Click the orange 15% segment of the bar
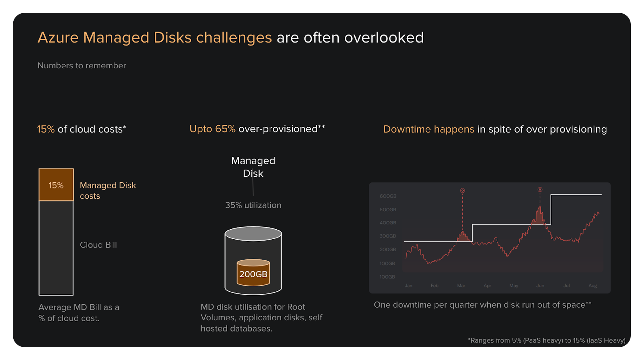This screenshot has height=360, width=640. click(x=56, y=185)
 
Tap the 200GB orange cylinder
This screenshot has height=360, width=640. click(x=253, y=274)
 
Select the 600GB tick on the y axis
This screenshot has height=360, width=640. click(x=388, y=196)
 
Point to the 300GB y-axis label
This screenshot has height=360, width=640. click(x=388, y=236)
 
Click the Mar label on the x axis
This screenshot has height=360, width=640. click(x=461, y=286)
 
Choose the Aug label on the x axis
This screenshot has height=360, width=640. click(x=592, y=286)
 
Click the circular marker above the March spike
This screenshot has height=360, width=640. click(x=462, y=190)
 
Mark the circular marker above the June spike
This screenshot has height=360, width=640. click(x=540, y=190)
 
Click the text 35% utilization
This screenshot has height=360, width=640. click(x=253, y=205)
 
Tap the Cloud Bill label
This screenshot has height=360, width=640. click(x=98, y=245)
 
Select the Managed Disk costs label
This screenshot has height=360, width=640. click(x=108, y=190)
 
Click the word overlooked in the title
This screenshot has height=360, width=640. click(x=384, y=38)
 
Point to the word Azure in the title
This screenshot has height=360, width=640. click(x=58, y=38)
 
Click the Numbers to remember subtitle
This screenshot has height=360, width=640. click(x=82, y=66)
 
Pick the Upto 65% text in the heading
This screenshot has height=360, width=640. click(x=212, y=129)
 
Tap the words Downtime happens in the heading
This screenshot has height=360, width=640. click(x=428, y=129)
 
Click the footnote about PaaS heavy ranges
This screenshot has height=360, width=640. click(x=546, y=340)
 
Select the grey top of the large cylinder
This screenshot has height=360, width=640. click(x=253, y=234)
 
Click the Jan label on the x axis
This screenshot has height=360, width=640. click(x=408, y=286)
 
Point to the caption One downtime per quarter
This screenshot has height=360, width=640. click(x=482, y=305)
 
